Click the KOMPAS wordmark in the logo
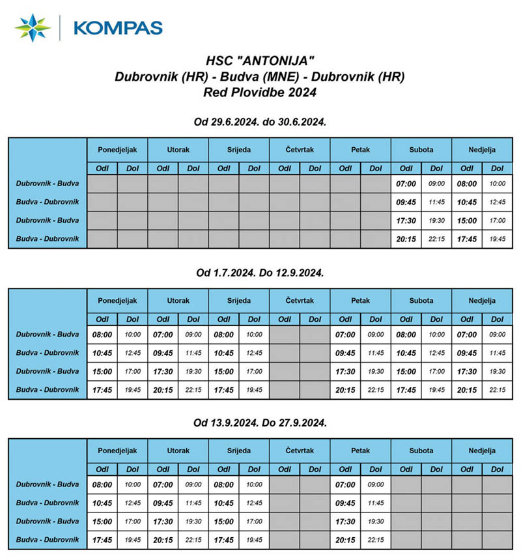click(118, 27)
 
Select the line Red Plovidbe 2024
click(260, 92)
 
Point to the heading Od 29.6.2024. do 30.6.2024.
click(260, 123)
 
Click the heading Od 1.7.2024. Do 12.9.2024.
click(260, 273)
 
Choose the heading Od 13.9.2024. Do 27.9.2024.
click(260, 423)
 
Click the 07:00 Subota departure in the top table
click(406, 184)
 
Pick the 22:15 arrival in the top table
click(436, 239)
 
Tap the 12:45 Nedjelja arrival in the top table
click(498, 202)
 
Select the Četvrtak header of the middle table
click(300, 301)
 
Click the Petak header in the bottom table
click(360, 451)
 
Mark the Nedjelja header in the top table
click(482, 150)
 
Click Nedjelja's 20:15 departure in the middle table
click(467, 390)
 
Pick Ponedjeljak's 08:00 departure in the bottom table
click(102, 484)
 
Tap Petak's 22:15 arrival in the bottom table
click(376, 540)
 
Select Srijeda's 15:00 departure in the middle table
click(224, 372)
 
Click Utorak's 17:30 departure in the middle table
click(163, 372)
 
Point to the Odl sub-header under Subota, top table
click(406, 168)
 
